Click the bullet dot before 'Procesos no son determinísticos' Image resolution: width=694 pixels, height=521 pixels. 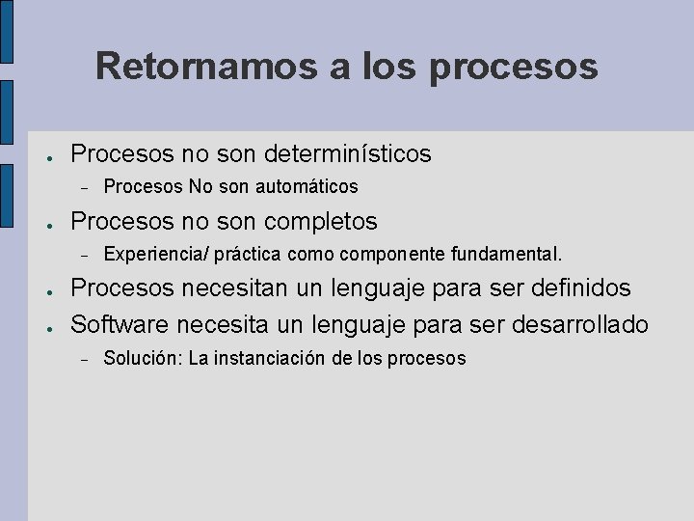pyautogui.click(x=47, y=155)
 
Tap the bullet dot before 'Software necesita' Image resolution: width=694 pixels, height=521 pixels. pyautogui.click(x=47, y=326)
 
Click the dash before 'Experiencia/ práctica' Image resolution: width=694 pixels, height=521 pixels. pyautogui.click(x=85, y=256)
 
